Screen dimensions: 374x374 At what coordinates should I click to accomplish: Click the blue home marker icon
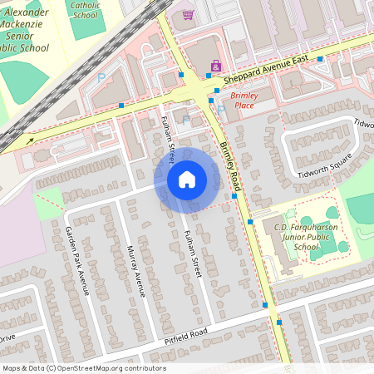(187, 180)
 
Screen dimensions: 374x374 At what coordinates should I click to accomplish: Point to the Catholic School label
(85, 10)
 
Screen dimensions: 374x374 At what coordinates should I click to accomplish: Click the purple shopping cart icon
(188, 15)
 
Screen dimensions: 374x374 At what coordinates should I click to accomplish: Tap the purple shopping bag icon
(216, 66)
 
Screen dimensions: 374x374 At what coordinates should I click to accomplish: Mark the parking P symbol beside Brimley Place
(221, 108)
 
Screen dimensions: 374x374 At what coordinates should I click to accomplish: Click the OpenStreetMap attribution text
(83, 368)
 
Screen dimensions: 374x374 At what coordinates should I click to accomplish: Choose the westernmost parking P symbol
(102, 77)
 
